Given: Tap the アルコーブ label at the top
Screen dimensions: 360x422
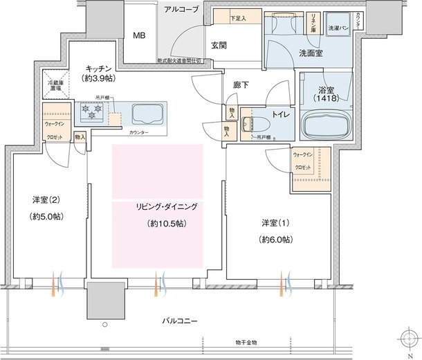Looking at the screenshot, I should pyautogui.click(x=182, y=9).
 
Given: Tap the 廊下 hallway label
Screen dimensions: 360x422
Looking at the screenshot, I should pyautogui.click(x=241, y=84).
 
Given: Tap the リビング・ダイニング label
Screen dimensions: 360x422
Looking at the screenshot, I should pyautogui.click(x=157, y=207).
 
